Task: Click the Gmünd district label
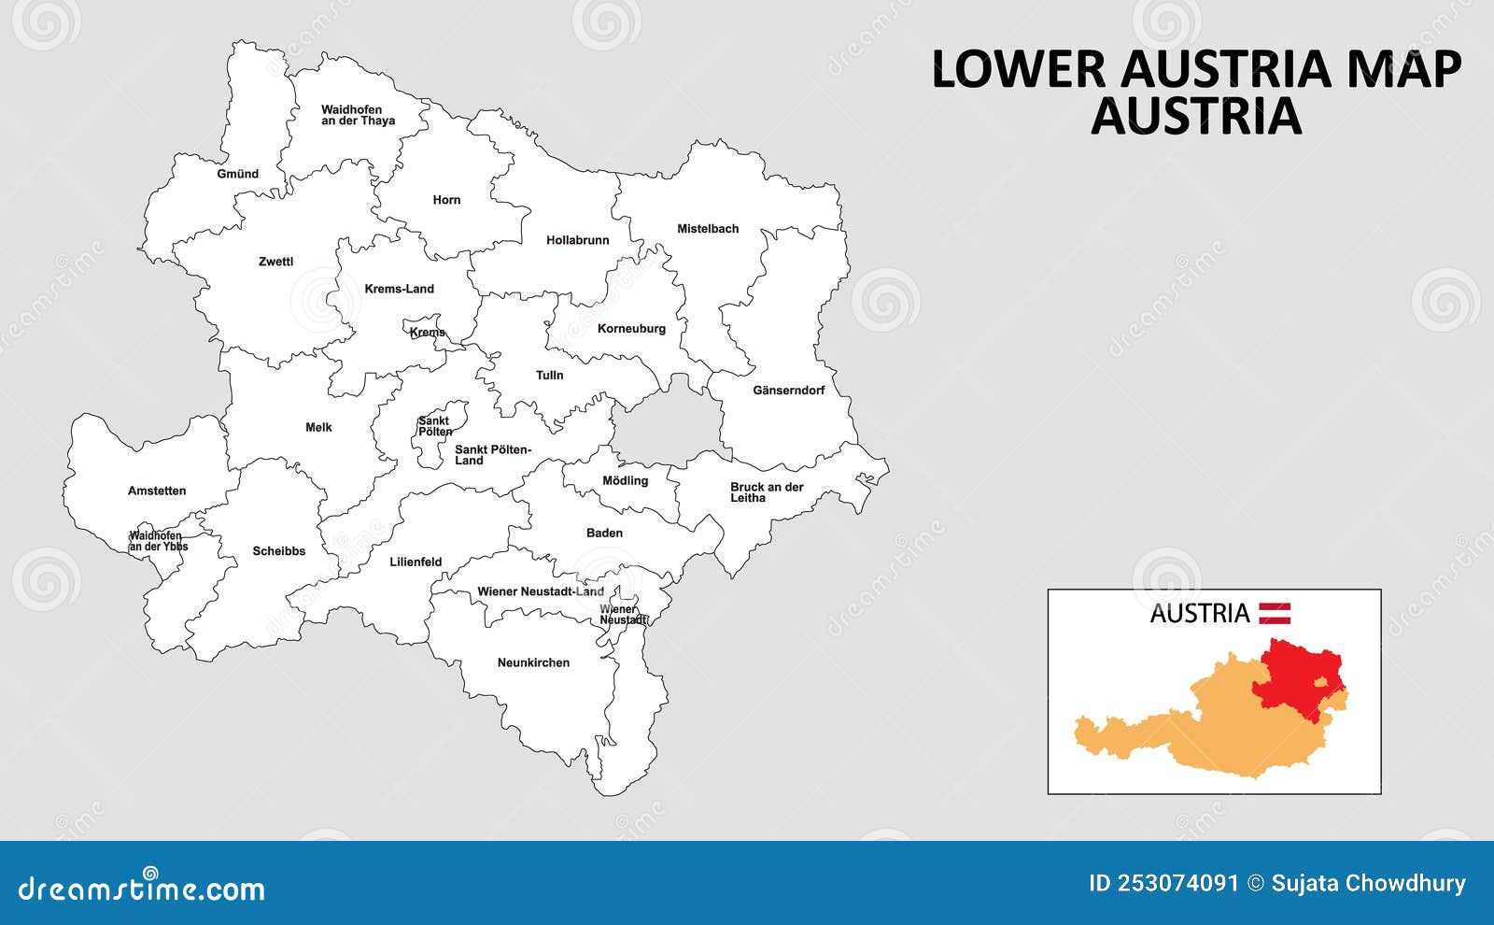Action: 237,174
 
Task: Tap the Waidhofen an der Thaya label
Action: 358,115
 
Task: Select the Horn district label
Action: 446,200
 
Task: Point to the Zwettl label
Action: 275,262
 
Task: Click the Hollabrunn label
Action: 577,240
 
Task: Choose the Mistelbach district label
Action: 708,229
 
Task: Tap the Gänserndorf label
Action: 789,391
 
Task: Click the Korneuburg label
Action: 631,329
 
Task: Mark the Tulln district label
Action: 549,376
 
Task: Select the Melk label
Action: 318,428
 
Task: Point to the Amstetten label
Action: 157,491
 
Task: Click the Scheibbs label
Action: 278,551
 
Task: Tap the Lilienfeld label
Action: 416,562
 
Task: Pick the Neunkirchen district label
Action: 533,663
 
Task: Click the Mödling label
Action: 625,481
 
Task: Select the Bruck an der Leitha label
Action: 767,492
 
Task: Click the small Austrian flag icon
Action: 1275,614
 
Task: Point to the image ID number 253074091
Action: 1181,883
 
